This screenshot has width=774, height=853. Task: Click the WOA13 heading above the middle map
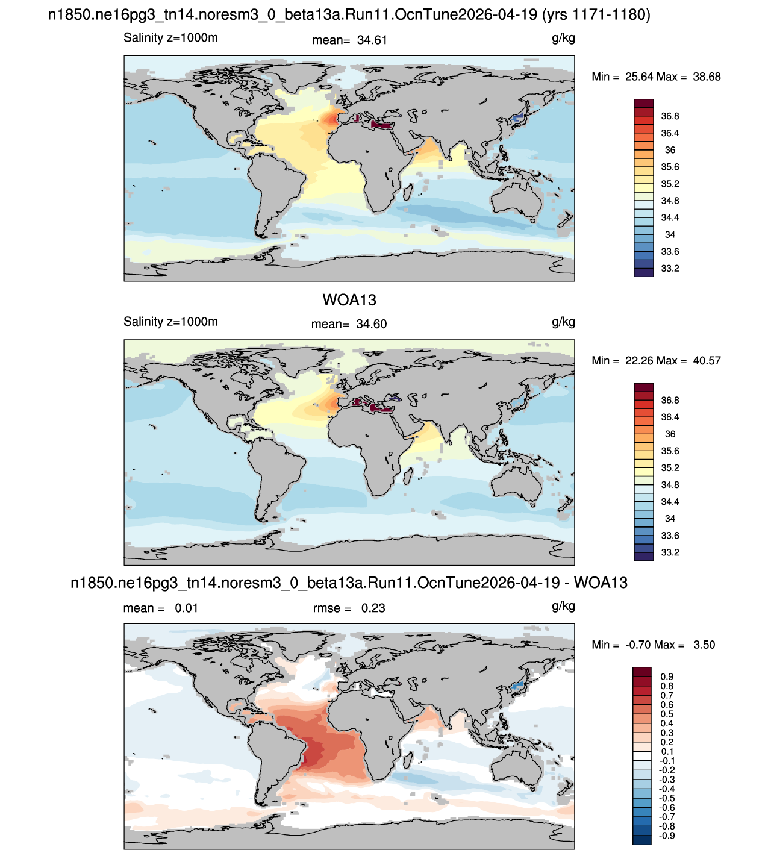point(349,300)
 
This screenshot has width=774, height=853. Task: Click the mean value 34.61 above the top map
point(372,40)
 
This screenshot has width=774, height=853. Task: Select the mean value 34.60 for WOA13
point(371,324)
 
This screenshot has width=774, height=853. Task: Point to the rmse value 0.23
point(373,608)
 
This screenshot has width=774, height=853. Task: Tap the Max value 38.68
point(707,77)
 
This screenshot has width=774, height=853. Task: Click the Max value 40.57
point(707,361)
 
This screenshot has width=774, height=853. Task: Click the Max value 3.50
point(704,645)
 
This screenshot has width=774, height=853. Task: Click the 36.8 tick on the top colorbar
point(670,116)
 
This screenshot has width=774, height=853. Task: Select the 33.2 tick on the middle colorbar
point(670,552)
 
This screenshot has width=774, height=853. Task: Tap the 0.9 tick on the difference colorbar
point(667,676)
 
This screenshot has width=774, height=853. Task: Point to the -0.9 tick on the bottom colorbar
point(667,836)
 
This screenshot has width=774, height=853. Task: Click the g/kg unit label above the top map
point(563,39)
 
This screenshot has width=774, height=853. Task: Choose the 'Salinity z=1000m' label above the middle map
point(170,322)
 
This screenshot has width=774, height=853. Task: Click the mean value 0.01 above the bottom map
point(186,608)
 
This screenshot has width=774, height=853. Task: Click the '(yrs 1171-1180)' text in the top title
point(596,15)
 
